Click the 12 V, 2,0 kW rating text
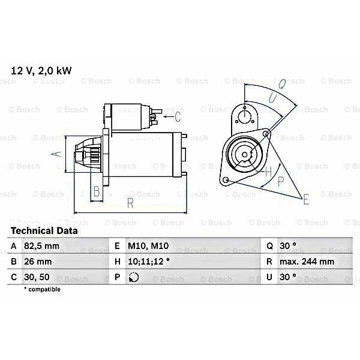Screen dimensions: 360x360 pos(41,71)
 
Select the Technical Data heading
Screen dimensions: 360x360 pos(44,231)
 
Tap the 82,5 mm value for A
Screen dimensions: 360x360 pos(41,246)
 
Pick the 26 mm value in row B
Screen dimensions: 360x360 pos(38,262)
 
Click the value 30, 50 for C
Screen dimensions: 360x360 pos(37,277)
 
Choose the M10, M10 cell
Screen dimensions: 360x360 pos(148,246)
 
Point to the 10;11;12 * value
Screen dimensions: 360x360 pos(149,262)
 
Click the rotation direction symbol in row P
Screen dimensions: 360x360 pos(134,277)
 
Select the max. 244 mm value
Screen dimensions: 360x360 pos(307,262)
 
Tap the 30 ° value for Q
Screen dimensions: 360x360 pos(288,246)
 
